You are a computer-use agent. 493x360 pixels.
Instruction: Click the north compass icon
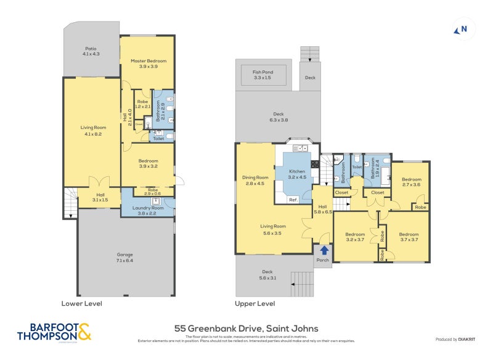click(461, 29)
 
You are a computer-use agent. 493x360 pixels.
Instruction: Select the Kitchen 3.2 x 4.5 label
click(297, 174)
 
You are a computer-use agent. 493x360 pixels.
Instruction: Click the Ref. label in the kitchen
click(293, 200)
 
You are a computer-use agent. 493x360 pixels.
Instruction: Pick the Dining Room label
click(255, 180)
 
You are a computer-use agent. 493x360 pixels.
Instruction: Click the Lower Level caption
click(81, 303)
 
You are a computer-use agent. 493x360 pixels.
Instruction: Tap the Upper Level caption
click(255, 303)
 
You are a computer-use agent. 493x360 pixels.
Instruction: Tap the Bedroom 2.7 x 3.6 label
click(411, 181)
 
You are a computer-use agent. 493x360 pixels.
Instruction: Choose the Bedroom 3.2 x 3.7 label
click(355, 237)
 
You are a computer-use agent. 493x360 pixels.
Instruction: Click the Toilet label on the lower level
click(158, 139)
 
